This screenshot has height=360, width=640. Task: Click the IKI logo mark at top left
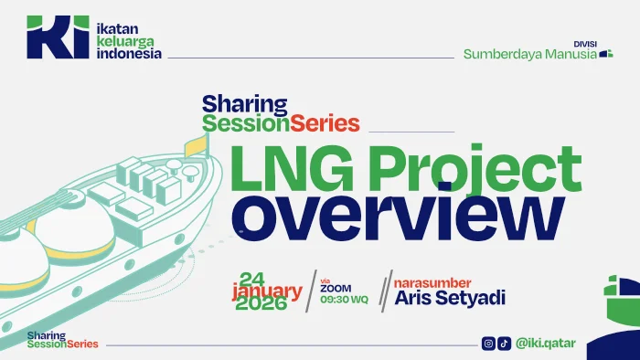[x=58, y=37]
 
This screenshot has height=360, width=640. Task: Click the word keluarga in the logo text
[x=125, y=42]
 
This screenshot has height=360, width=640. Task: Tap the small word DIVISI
[x=585, y=44]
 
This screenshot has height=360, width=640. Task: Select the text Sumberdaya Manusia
[x=529, y=55]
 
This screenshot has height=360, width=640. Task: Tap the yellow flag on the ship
[x=197, y=146]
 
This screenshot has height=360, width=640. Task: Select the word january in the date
[x=267, y=291]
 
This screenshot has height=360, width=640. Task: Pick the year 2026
[x=261, y=303]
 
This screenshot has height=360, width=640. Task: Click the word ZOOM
[x=336, y=289]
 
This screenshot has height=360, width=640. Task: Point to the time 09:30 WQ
[x=344, y=300]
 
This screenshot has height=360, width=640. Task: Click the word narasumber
[x=432, y=283]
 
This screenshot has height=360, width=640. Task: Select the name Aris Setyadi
[x=450, y=298]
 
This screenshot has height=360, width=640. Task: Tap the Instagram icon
[x=488, y=344]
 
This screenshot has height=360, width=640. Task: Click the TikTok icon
[x=504, y=344]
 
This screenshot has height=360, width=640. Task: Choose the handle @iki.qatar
[x=545, y=344]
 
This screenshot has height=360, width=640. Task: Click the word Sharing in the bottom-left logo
[x=41, y=336]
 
